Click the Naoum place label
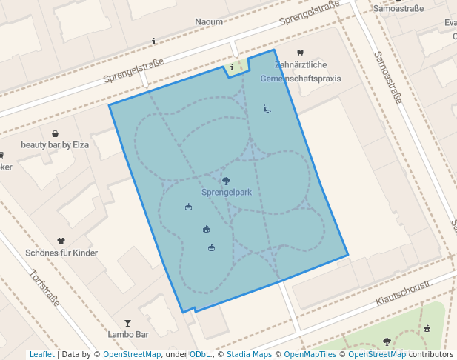tap(209, 22)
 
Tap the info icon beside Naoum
tap(153, 41)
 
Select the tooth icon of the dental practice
tap(300, 53)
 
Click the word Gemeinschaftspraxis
tap(301, 78)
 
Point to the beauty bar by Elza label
tap(55, 145)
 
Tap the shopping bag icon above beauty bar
tap(56, 133)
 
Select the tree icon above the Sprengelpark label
tap(226, 180)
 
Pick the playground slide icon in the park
tap(267, 109)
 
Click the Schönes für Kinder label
tap(61, 253)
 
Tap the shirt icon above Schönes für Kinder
tap(61, 241)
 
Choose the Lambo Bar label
tap(128, 335)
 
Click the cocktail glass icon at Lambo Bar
tap(128, 323)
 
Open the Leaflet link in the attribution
tap(42, 355)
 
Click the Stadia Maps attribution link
tap(249, 355)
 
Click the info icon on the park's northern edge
tap(232, 67)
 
